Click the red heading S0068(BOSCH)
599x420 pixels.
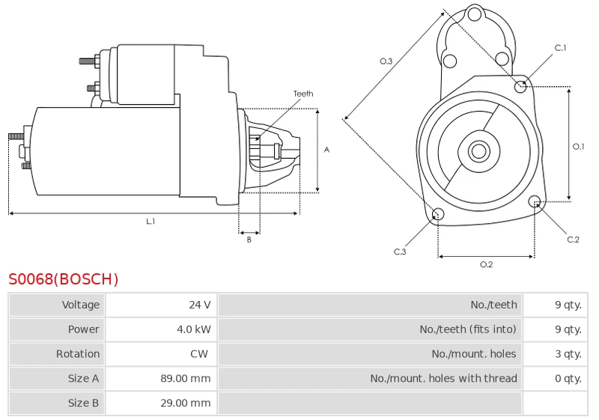64,279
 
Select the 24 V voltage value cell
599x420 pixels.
200,305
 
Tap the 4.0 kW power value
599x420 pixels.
194,329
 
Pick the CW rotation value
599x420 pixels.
199,354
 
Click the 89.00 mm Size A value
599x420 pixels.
186,378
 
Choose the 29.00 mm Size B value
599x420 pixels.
186,403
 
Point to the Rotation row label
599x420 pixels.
78,354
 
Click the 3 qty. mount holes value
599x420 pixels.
568,354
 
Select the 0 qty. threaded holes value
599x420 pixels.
568,378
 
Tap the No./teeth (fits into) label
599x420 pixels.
468,329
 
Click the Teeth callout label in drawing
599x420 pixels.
303,94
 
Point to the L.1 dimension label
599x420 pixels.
151,221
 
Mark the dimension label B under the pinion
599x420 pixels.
249,240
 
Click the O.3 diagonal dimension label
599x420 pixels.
386,61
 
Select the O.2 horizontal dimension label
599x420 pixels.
486,264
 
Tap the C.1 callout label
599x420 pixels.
560,48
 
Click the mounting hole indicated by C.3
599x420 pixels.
438,214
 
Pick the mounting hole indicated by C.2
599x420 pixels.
535,201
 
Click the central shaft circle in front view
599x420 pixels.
478,151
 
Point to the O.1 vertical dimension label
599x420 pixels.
578,146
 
